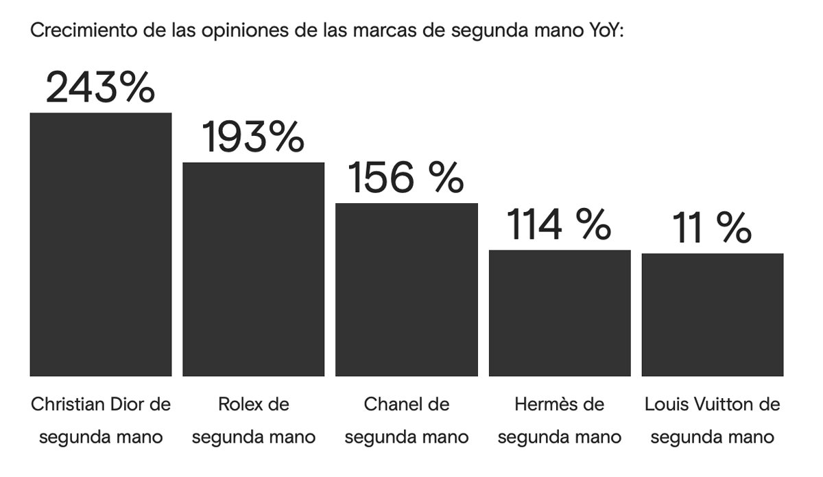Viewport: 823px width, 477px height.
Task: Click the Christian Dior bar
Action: (x=100, y=244)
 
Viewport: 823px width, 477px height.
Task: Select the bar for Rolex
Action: (x=253, y=269)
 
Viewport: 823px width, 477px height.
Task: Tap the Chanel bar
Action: (x=406, y=290)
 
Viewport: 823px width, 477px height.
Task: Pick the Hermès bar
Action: (x=560, y=313)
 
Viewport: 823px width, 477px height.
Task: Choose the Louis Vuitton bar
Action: (x=713, y=315)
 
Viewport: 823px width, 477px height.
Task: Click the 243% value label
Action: (x=100, y=89)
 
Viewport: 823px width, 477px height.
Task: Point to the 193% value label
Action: (x=253, y=137)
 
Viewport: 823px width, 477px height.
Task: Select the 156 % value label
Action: (x=406, y=178)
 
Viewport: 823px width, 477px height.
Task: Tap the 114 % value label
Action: (x=558, y=224)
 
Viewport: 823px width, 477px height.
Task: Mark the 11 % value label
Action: (x=711, y=228)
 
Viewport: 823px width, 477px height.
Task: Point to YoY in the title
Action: (x=604, y=32)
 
